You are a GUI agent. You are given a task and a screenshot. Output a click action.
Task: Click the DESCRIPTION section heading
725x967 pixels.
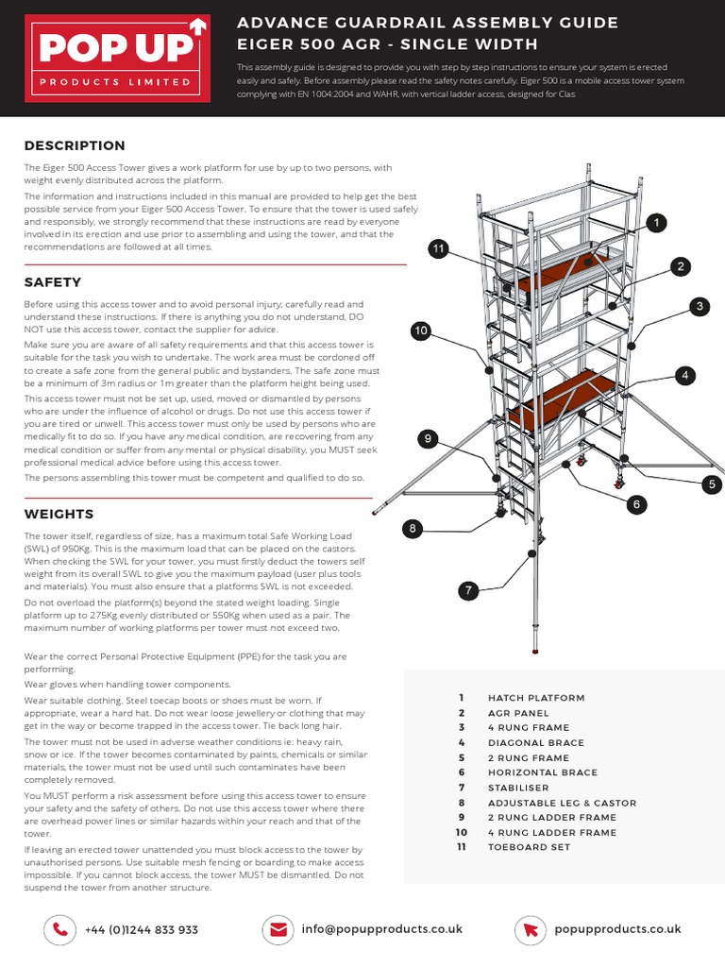click(x=75, y=145)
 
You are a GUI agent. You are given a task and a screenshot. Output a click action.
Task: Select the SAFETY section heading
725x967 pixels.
click(x=53, y=282)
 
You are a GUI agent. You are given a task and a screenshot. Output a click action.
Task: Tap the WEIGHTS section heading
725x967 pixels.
click(x=59, y=514)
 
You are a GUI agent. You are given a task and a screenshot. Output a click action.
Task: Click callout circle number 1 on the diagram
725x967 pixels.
click(x=655, y=223)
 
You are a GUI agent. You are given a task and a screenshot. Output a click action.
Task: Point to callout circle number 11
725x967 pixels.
click(x=437, y=248)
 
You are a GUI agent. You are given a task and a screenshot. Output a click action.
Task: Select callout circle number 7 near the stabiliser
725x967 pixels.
click(x=467, y=591)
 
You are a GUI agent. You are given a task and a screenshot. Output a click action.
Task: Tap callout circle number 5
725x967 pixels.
click(x=713, y=484)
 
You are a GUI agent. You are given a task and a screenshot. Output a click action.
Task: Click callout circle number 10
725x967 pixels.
click(x=421, y=330)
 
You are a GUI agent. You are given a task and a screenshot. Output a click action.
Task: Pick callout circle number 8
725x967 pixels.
click(x=413, y=529)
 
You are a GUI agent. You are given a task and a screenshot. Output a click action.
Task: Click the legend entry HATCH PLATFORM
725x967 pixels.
click(x=535, y=698)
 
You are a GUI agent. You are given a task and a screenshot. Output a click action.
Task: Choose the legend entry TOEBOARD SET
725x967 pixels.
click(x=530, y=847)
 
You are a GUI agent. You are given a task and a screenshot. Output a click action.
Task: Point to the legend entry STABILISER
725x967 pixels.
click(x=518, y=788)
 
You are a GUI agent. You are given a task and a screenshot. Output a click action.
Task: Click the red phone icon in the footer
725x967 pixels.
click(x=60, y=929)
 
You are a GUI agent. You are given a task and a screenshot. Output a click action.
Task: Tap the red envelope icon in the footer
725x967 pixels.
click(x=278, y=929)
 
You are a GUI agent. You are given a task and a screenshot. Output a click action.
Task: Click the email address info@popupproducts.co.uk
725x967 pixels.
click(x=382, y=929)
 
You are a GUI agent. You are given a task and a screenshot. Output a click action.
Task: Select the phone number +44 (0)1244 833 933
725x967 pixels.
click(x=141, y=930)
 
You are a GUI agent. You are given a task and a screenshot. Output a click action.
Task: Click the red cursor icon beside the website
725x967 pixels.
click(x=531, y=929)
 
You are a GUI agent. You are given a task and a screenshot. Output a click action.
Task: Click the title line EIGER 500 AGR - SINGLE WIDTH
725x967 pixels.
click(x=387, y=44)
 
